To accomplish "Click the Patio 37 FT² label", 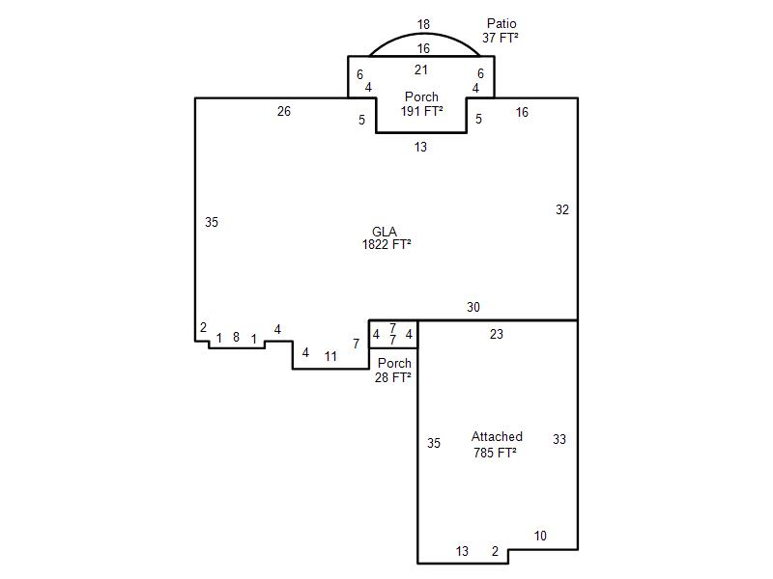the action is point(501,31).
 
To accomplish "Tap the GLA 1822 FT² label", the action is point(386,238).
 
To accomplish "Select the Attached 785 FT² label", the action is point(496,445).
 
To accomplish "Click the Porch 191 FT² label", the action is point(421,104).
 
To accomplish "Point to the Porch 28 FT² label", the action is point(393,371).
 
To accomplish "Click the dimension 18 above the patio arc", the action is point(423,24).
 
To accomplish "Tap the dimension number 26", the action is point(284,111).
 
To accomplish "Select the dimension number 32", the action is point(562,209).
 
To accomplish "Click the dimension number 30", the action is point(473,307).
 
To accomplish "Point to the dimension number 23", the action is point(497,334).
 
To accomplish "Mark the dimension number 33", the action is point(559,439).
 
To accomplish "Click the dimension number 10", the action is point(540,536).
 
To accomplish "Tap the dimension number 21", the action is point(420,69).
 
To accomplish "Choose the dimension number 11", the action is point(330,356).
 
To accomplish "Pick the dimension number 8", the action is point(236,337).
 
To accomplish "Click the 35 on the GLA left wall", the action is point(212,222).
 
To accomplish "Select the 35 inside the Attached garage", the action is point(434,443).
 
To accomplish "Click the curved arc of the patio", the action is point(424,34).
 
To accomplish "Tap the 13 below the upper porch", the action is point(420,147).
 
